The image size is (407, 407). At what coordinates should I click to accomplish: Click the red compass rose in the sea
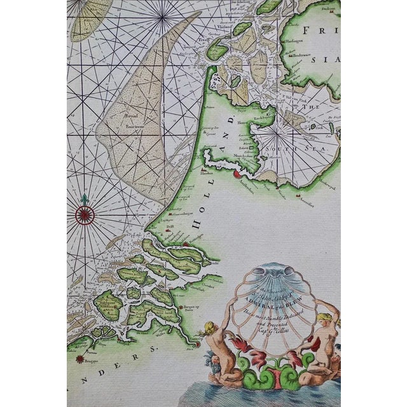[84, 215]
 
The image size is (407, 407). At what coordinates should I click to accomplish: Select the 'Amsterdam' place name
[245, 181]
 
